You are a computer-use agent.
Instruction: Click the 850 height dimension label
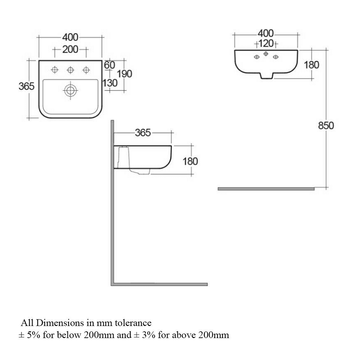326,126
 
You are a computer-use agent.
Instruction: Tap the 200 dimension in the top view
70,50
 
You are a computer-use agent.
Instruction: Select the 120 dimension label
266,44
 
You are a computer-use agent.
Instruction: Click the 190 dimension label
125,74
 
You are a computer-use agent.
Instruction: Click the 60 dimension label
109,65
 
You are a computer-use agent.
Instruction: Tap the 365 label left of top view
26,86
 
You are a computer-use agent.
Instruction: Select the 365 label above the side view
143,133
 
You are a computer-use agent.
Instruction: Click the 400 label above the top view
70,37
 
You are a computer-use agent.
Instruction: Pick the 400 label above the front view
265,33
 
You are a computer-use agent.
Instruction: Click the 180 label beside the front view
311,65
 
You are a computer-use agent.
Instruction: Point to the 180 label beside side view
190,161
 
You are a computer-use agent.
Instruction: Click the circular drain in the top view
70,90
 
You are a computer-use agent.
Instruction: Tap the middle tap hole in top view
70,70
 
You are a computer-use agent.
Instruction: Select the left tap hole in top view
54,70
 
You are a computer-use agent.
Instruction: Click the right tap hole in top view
86,70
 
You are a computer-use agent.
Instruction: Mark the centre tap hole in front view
266,53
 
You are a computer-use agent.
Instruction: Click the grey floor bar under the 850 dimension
266,189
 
